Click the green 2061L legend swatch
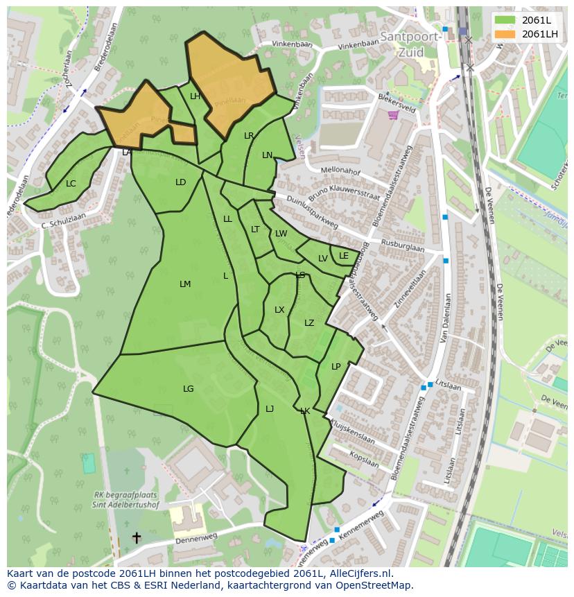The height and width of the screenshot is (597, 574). click(505, 20)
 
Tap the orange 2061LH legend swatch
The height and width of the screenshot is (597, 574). click(505, 33)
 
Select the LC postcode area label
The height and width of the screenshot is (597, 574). click(71, 184)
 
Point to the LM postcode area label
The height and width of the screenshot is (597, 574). click(185, 284)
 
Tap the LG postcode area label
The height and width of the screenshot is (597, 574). click(189, 389)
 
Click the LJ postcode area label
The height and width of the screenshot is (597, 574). click(270, 409)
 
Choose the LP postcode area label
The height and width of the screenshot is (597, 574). click(336, 367)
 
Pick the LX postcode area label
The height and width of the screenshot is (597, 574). click(279, 310)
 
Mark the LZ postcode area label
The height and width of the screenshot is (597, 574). click(309, 323)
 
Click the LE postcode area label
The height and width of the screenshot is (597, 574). click(344, 256)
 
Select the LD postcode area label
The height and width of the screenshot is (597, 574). click(181, 182)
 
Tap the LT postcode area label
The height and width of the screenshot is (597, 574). click(255, 230)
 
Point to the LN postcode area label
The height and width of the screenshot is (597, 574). click(268, 155)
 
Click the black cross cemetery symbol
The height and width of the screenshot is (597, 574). click(137, 537)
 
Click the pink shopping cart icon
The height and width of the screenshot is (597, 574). click(393, 114)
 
